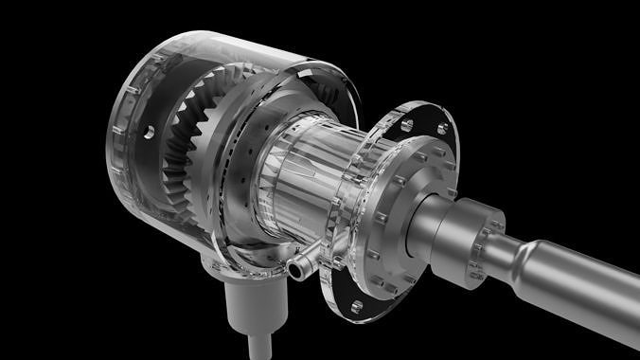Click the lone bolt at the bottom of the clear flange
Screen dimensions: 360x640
click(x=357, y=306)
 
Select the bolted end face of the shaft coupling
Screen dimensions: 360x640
click(x=488, y=246)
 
